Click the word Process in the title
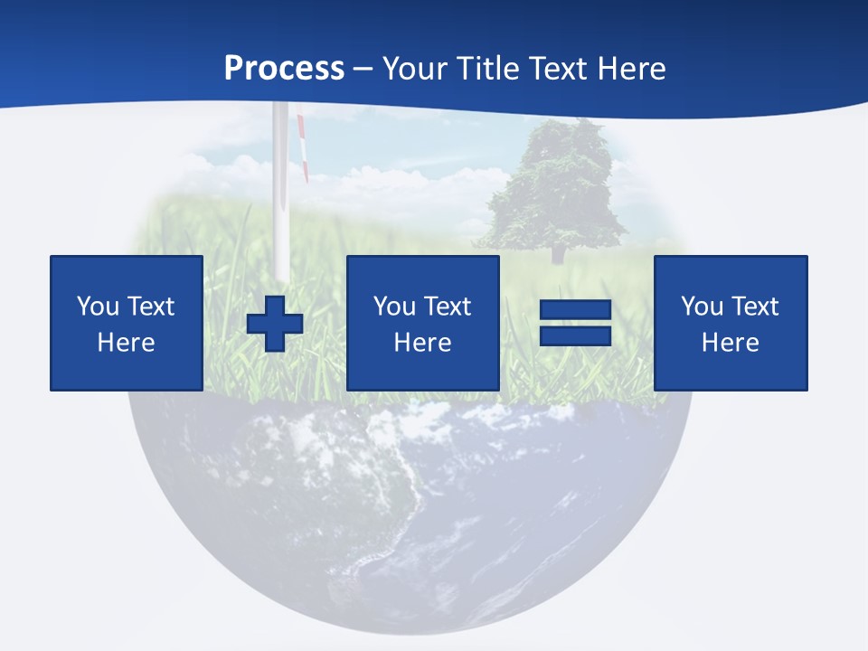(x=284, y=69)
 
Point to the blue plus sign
(x=275, y=324)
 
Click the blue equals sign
(x=576, y=323)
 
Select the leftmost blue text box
(x=126, y=323)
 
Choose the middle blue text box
(x=422, y=323)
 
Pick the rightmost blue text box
(x=730, y=323)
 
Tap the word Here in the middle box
(x=422, y=343)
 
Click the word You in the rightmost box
(x=702, y=307)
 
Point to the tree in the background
(x=553, y=185)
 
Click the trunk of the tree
(x=557, y=252)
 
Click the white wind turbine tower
(x=281, y=199)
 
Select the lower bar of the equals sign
(x=576, y=336)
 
